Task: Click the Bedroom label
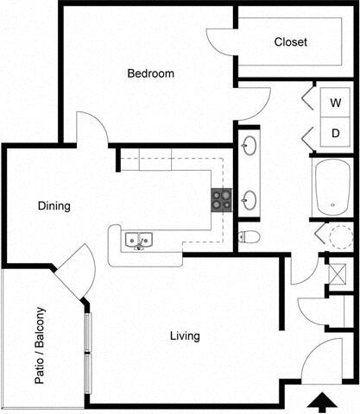150,74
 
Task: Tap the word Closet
290,42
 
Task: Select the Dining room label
54,207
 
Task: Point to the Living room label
185,336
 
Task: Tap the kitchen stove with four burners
222,200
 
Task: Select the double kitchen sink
138,240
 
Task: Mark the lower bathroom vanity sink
249,201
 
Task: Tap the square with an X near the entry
338,275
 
